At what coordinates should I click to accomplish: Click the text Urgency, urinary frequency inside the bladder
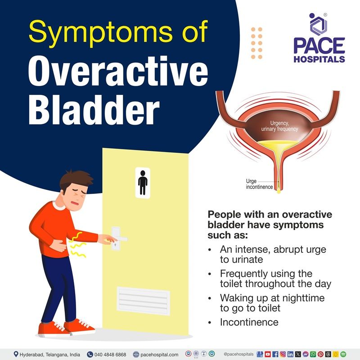[280, 126]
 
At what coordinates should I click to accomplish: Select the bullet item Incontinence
[249, 322]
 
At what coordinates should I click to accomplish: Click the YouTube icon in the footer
[268, 354]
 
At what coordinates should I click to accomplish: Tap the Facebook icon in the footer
[275, 354]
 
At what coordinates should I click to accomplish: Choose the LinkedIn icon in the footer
[290, 354]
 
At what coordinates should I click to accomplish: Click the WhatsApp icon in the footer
[313, 354]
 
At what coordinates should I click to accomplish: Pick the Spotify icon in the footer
[343, 354]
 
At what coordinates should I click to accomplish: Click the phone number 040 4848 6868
[110, 354]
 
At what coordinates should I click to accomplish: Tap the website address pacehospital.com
[155, 354]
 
